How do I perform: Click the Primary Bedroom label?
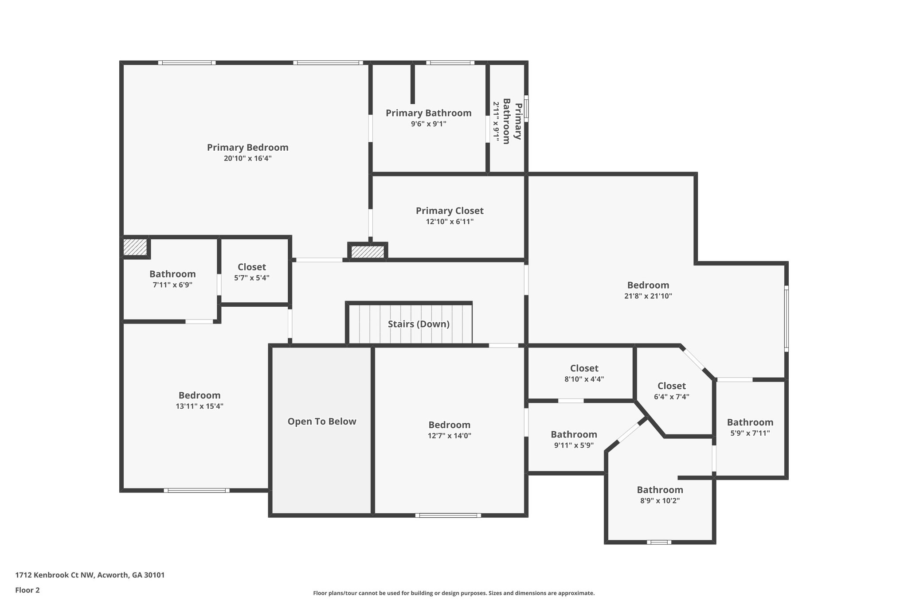[247, 148]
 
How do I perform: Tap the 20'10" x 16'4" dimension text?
[247, 159]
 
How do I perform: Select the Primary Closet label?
[450, 211]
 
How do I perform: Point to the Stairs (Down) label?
[419, 324]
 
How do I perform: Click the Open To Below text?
[322, 422]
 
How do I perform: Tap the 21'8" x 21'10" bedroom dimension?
[648, 296]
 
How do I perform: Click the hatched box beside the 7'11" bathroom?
[135, 247]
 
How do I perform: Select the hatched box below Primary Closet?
[368, 252]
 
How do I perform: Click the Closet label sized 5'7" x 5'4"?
[251, 267]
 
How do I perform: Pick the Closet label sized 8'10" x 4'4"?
[584, 368]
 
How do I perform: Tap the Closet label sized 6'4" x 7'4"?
[671, 386]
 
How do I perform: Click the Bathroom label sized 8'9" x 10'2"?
[660, 490]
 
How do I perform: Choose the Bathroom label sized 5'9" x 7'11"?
[750, 422]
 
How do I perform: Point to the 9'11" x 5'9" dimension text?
[574, 445]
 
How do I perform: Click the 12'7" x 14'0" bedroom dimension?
[449, 436]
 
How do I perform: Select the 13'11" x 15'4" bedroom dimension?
[200, 406]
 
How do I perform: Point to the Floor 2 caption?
[27, 590]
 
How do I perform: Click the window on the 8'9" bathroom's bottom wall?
[659, 542]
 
